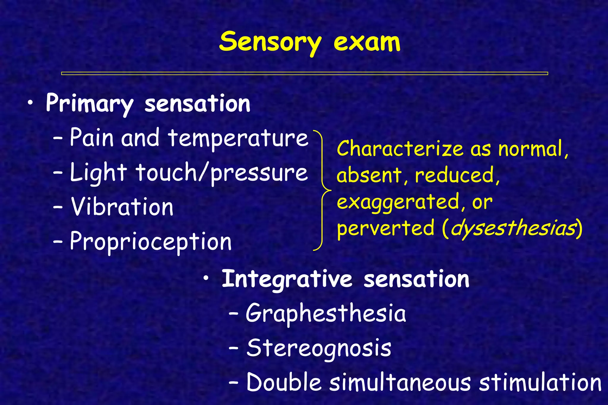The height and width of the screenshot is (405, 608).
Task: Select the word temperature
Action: tap(238, 138)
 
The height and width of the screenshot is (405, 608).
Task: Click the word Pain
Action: tap(92, 138)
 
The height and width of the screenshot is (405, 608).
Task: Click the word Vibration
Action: tap(122, 207)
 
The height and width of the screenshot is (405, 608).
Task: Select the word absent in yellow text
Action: tap(369, 176)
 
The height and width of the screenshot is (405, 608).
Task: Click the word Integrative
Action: tap(287, 279)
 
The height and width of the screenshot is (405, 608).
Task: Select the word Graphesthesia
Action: tap(326, 314)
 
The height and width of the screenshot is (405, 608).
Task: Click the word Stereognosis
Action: tap(319, 348)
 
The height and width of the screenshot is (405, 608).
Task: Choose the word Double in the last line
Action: tap(284, 382)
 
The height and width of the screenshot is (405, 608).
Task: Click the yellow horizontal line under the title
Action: tap(304, 73)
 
